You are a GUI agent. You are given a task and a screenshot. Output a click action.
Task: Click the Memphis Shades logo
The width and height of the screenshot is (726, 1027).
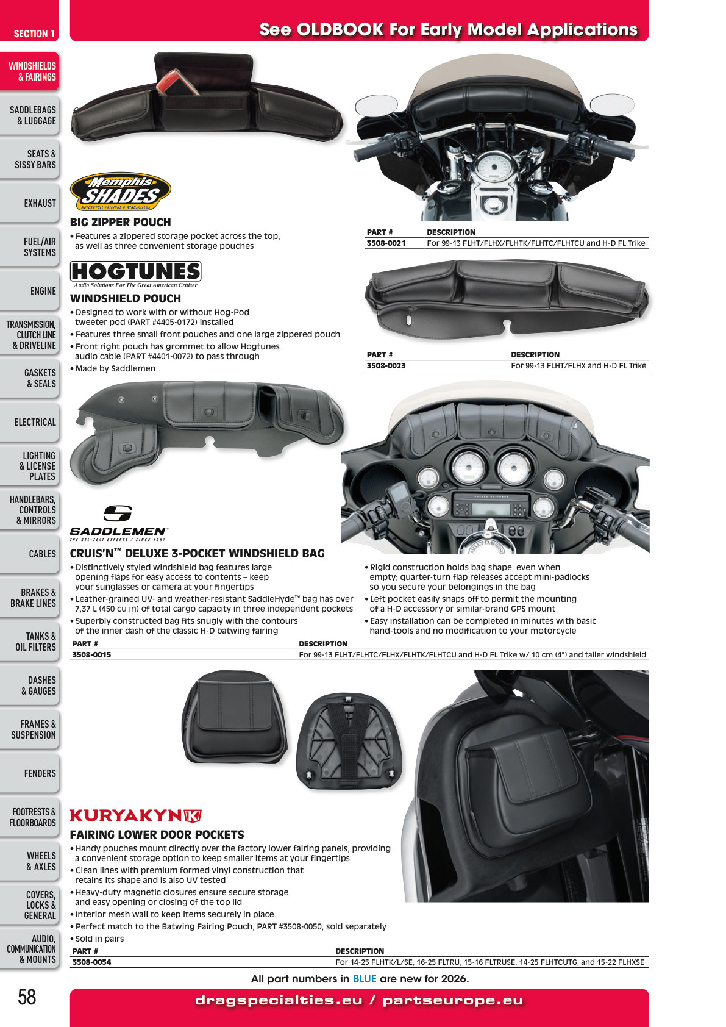[x=120, y=191]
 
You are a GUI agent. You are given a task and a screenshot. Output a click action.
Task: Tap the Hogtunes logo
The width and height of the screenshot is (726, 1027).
[x=136, y=274]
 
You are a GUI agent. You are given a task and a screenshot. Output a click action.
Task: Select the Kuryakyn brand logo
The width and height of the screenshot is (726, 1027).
[x=136, y=815]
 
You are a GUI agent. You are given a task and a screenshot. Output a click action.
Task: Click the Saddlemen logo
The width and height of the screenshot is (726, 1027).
[x=119, y=523]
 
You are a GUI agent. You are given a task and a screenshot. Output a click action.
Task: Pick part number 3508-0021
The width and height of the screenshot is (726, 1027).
[x=386, y=243]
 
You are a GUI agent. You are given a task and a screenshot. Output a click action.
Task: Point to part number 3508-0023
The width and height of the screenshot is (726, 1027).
[x=386, y=365]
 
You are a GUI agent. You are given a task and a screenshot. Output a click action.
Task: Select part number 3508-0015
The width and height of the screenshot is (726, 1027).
[x=91, y=655]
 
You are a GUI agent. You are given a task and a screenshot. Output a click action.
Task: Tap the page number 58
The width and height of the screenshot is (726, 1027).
[x=27, y=997]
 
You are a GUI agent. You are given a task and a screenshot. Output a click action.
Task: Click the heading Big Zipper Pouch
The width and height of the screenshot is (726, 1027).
[x=120, y=223]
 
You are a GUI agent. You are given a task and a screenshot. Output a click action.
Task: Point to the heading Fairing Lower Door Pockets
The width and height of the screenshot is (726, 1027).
[x=157, y=834]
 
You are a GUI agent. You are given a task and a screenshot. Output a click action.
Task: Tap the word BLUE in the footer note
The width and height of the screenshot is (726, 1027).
[x=365, y=979]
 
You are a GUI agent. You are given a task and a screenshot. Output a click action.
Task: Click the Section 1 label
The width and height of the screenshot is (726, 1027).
[x=34, y=34]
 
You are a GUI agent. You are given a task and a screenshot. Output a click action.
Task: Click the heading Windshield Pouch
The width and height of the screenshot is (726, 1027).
[x=125, y=298]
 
